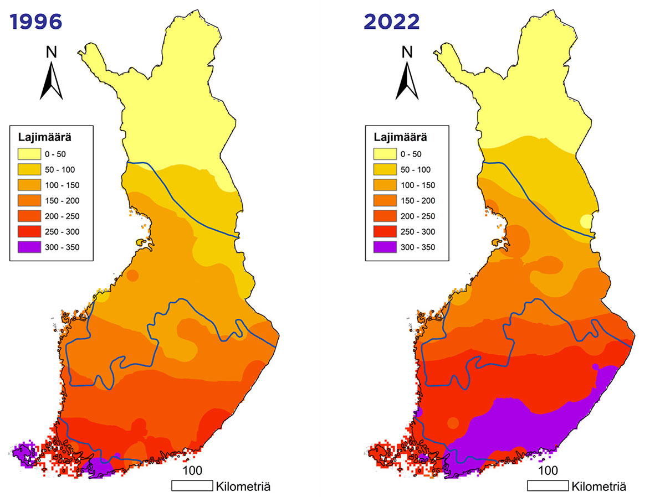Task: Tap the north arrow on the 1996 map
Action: tap(52, 80)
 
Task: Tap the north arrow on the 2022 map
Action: tap(407, 80)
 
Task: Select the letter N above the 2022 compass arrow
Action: tap(407, 52)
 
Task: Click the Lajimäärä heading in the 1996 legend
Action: tap(43, 137)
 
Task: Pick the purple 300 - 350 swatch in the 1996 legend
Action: tap(33, 247)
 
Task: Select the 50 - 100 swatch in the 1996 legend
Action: tap(33, 169)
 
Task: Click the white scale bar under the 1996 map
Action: tap(192, 486)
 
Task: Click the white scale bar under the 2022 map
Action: tap(548, 486)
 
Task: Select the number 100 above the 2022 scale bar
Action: tap(548, 471)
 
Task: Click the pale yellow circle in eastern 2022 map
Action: tap(586, 222)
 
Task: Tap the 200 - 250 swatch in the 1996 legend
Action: tap(33, 216)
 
